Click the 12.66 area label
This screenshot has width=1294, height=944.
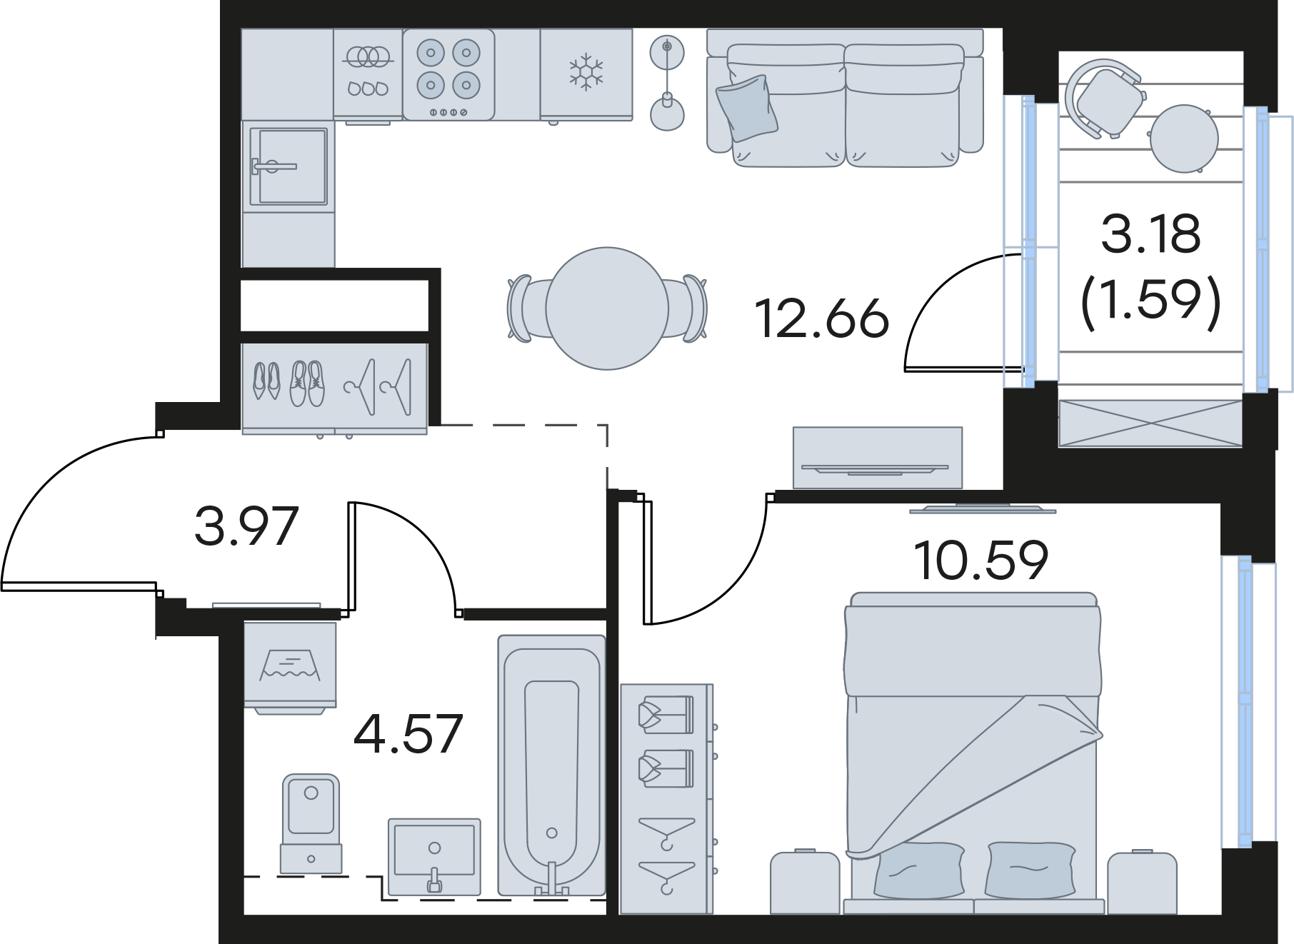point(822,318)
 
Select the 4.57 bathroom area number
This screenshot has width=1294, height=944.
point(408,733)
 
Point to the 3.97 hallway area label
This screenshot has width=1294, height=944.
point(246,526)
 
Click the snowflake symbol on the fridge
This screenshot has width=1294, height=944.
point(586,72)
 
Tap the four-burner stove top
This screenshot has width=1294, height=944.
point(448,74)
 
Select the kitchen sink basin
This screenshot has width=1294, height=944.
point(289,166)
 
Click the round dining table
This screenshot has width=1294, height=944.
point(607,308)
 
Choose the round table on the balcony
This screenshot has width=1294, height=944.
point(1184,139)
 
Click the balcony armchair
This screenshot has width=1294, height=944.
point(1103,97)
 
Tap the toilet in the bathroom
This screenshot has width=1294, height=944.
point(311,823)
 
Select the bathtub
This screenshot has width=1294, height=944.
point(551,765)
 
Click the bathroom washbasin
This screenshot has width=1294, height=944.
point(434,855)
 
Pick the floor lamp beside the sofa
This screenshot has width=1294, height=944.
point(667,84)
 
